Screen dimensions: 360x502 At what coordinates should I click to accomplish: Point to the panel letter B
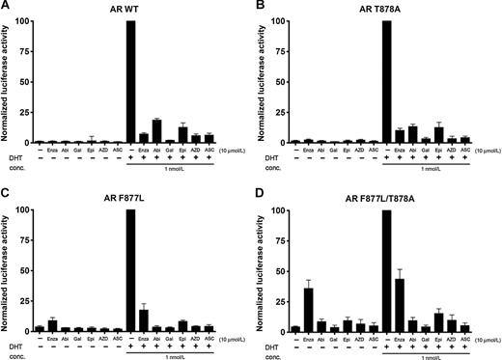[259, 7]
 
